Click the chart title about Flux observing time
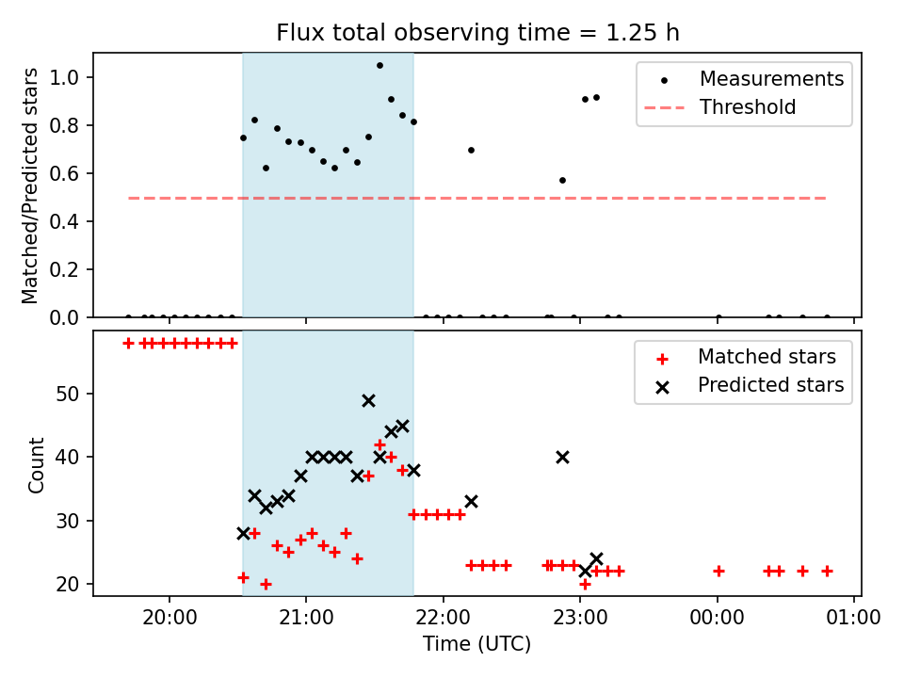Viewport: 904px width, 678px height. (477, 33)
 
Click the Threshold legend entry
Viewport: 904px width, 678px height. (719, 107)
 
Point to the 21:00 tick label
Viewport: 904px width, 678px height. (306, 618)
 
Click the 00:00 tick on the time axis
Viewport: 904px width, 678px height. (718, 618)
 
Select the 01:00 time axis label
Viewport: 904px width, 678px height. (854, 618)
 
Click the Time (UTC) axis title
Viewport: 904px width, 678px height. (476, 644)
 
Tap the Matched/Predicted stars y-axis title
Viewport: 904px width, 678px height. (30, 186)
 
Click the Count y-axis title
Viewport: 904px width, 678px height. (36, 465)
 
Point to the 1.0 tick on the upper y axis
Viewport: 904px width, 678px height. (64, 77)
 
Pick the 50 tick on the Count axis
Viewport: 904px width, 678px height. (67, 395)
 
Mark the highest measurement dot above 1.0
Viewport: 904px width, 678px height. (379, 66)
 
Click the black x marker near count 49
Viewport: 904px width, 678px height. (368, 401)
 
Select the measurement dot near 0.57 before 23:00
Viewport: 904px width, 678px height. (563, 181)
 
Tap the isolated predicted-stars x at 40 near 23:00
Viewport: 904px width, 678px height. (563, 458)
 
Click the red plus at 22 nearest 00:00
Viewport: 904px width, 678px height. (718, 572)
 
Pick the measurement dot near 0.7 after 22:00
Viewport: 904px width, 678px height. (471, 151)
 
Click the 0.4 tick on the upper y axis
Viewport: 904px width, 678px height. (64, 221)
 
